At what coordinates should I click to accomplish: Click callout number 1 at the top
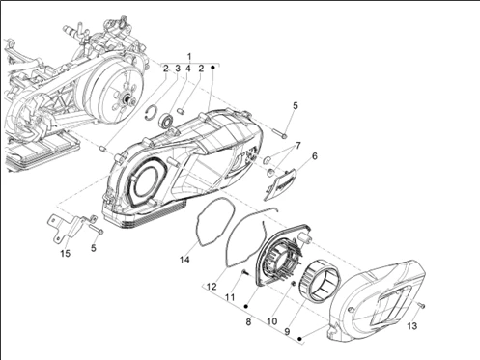[x=189, y=57]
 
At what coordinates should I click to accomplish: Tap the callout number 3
[x=178, y=69]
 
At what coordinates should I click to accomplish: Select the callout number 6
[x=315, y=156]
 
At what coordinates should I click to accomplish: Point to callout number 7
[x=297, y=146]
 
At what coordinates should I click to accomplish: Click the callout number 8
[x=248, y=321]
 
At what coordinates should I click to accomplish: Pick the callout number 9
[x=287, y=332]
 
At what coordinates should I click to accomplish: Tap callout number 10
[x=271, y=321]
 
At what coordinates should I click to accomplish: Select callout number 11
[x=230, y=297]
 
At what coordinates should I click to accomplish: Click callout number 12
[x=212, y=287]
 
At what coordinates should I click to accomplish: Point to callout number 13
[x=412, y=326]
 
